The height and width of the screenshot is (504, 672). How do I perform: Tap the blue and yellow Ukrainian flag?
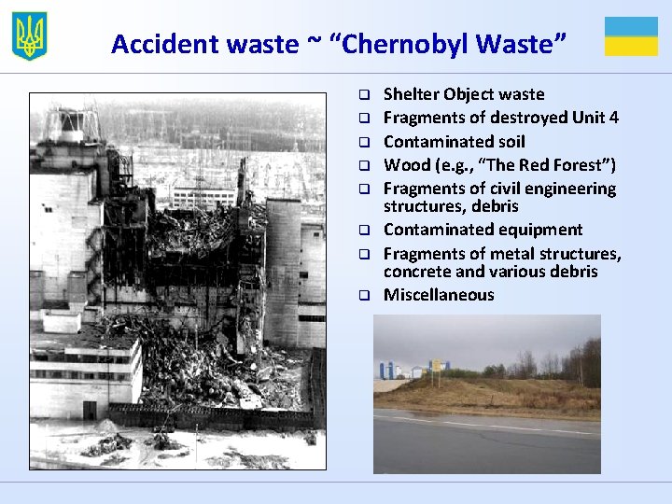631,36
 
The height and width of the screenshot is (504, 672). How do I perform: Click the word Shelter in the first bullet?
411,94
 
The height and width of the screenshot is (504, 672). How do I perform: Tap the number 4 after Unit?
613,118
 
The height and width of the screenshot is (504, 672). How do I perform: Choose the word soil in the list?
507,142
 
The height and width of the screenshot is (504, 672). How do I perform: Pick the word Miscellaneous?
439,295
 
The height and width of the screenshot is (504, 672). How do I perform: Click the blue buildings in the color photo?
386,371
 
